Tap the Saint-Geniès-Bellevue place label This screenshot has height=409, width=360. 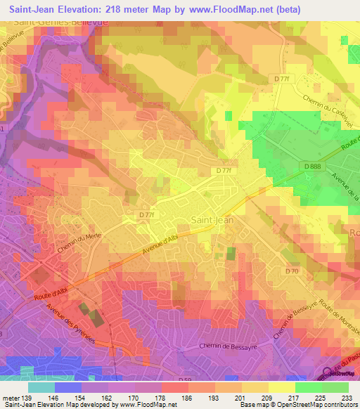coord(58,22)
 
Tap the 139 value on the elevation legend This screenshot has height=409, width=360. coord(27,397)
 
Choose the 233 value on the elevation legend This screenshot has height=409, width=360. coord(347,397)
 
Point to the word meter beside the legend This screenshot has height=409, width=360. coord(10,397)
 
